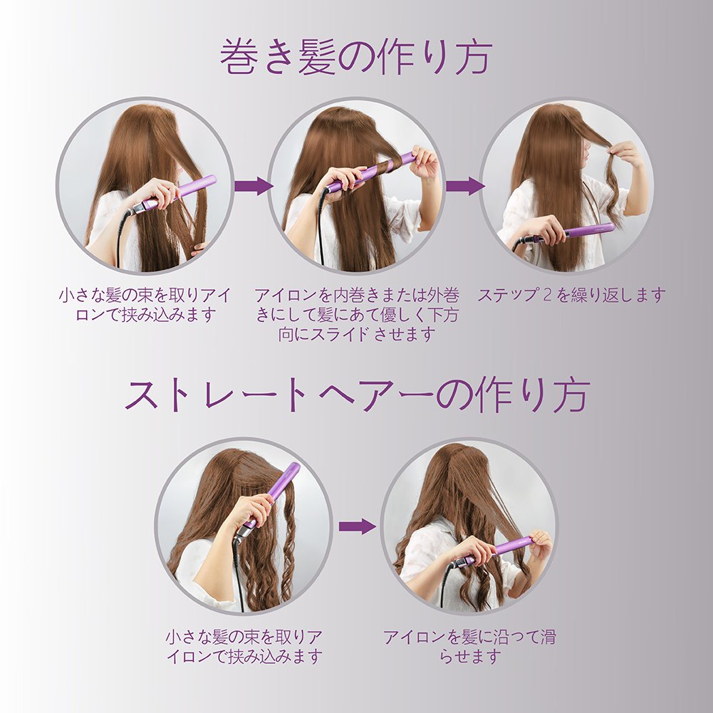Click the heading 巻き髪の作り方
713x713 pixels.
pyautogui.click(x=356, y=57)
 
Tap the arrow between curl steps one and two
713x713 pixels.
pyautogui.click(x=254, y=186)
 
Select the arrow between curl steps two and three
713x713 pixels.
pyautogui.click(x=464, y=186)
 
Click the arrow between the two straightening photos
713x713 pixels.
pyautogui.click(x=357, y=526)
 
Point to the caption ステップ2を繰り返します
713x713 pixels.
pyautogui.click(x=571, y=295)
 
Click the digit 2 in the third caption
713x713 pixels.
pyautogui.click(x=548, y=295)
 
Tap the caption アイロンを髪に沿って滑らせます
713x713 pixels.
pyautogui.click(x=469, y=646)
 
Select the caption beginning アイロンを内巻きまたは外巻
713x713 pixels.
pyautogui.click(x=356, y=315)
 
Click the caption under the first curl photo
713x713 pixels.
pyautogui.click(x=145, y=305)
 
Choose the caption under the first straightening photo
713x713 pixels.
pyautogui.click(x=244, y=646)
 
